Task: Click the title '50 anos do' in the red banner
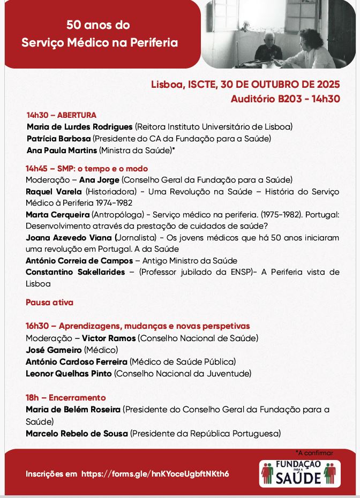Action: (98, 25)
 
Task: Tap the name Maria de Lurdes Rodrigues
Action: (80, 127)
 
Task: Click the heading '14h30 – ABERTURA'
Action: (62, 115)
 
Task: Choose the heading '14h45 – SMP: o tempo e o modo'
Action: (87, 169)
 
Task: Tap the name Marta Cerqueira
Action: (57, 215)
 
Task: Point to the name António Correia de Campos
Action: (79, 261)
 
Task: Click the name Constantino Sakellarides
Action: (76, 272)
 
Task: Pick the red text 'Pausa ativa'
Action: (49, 303)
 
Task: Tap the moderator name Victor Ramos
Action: (109, 338)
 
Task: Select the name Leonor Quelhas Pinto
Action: (69, 373)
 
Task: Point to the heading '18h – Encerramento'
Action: (66, 398)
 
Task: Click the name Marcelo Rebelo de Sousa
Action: (77, 433)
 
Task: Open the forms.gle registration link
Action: (155, 474)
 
